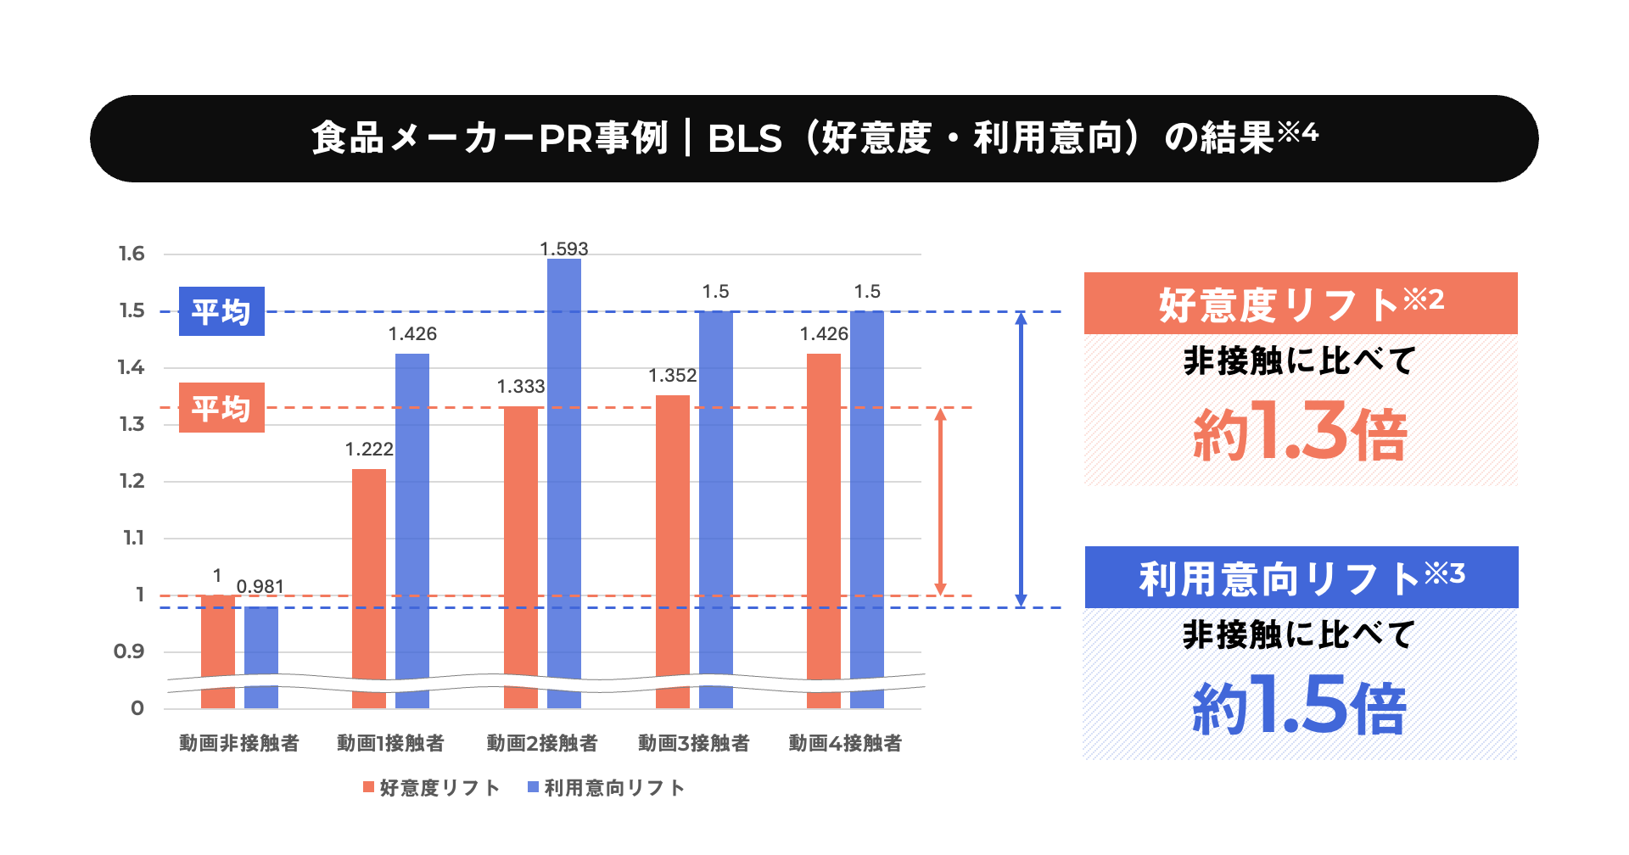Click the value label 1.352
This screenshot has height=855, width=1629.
672,376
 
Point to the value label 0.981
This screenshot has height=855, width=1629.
260,587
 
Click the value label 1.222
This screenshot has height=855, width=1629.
369,450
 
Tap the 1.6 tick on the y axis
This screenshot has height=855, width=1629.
132,254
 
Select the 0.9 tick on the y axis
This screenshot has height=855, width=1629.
129,651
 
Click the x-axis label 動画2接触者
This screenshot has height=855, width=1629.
542,744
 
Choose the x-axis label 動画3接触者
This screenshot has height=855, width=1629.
694,744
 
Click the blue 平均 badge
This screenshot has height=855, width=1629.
221,311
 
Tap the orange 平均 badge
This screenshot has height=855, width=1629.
221,408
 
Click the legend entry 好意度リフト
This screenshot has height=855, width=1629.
431,788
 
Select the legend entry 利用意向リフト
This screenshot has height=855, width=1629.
606,788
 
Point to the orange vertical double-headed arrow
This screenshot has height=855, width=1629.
940,501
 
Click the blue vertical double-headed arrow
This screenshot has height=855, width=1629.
1021,459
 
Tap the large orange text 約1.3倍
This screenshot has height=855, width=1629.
1300,433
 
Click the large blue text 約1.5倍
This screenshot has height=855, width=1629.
1300,706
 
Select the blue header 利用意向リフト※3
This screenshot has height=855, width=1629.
1302,578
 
